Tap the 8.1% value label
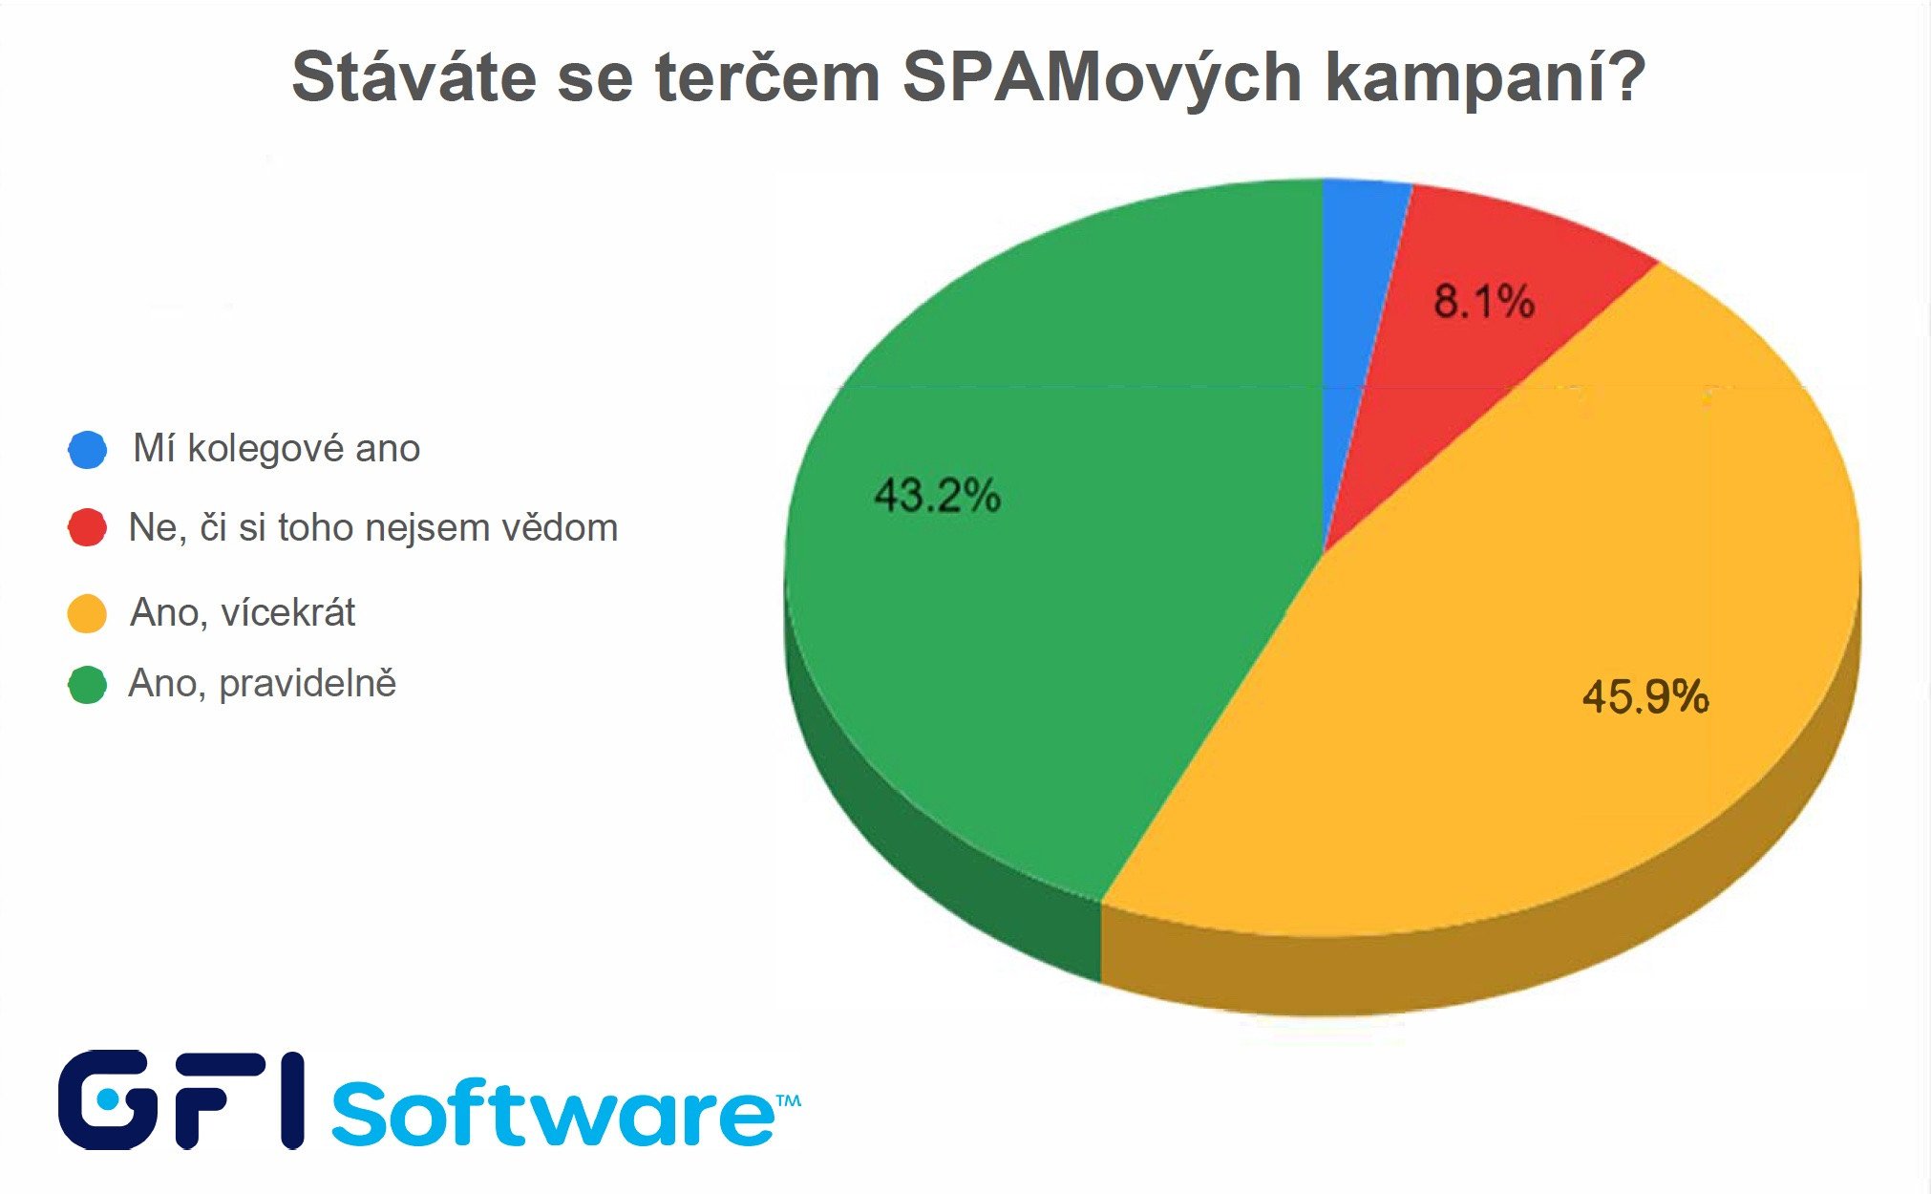click(x=1483, y=302)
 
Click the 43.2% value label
click(x=937, y=496)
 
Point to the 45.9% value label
click(x=1645, y=696)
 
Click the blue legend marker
click(x=87, y=449)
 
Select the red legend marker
click(x=87, y=527)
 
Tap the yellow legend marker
click(x=87, y=612)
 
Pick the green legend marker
click(x=87, y=684)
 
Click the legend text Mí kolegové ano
click(x=276, y=448)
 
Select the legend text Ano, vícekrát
click(x=243, y=612)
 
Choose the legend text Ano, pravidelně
click(x=262, y=684)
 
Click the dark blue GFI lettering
click(x=181, y=1099)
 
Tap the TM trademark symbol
click(x=788, y=1101)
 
